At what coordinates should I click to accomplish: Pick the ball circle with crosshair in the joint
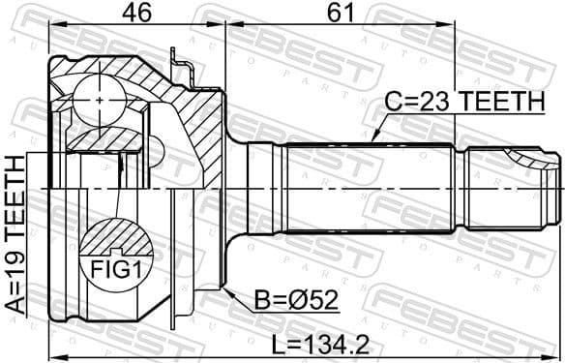102,100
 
